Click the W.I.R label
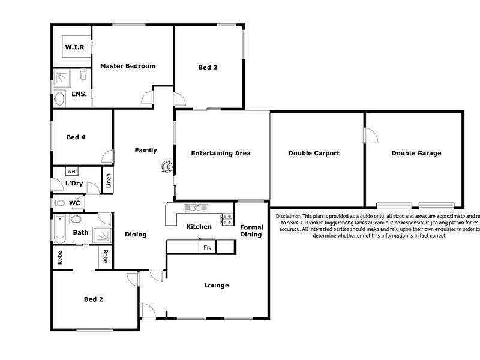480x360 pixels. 74,46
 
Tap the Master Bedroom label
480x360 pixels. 128,66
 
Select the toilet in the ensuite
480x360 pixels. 83,75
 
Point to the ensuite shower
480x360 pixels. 62,77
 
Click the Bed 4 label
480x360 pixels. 76,137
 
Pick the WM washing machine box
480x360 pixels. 71,172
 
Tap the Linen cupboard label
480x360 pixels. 109,181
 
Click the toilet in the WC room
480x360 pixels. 59,203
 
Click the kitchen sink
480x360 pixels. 195,208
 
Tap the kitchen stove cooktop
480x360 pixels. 227,219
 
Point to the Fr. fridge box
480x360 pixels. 207,247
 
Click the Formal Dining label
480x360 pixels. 251,230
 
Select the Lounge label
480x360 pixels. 216,286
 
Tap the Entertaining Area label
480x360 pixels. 221,153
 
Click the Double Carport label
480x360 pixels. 314,153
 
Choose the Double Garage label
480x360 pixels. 416,153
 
